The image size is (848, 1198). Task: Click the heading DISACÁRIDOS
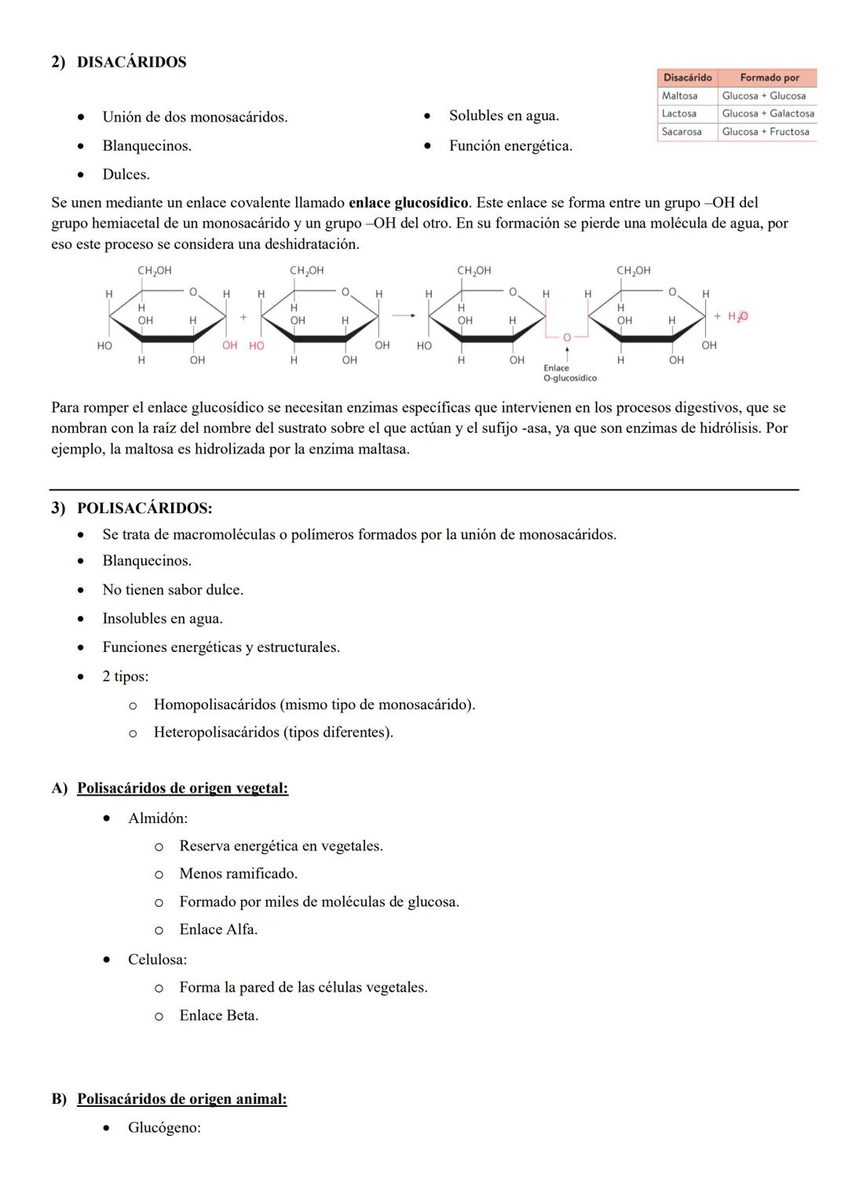[x=131, y=62]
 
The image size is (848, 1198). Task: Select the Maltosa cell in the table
[x=679, y=96]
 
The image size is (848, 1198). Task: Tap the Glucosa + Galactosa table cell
[x=767, y=114]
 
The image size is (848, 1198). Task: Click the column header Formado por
[x=769, y=78]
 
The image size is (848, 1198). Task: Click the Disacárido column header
[x=687, y=78]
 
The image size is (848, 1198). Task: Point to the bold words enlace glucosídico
[x=408, y=203]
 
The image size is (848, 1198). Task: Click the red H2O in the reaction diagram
[x=737, y=316]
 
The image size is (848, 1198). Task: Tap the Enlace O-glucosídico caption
[x=569, y=373]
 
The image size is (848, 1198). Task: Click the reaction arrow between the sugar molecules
[x=404, y=316]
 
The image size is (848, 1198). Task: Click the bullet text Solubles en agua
[x=503, y=116]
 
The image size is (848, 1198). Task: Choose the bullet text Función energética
[x=510, y=146]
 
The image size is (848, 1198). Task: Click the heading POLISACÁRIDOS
[x=144, y=508]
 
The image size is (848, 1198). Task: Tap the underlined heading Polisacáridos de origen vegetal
[x=182, y=788]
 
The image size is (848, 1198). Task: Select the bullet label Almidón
[x=157, y=818]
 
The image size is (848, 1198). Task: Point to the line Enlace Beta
[x=218, y=1015]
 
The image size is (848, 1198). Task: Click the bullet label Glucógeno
[x=164, y=1128]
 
